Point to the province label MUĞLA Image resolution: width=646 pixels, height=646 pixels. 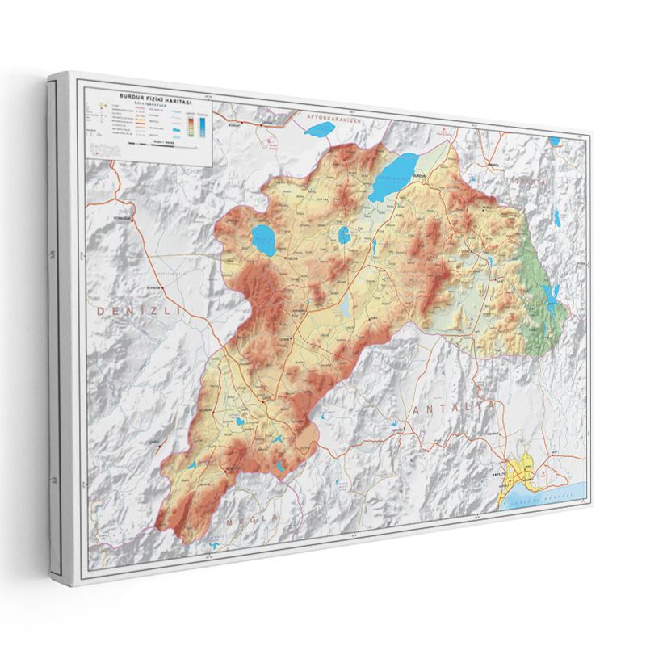click(251, 518)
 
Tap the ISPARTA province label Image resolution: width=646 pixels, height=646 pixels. click(524, 182)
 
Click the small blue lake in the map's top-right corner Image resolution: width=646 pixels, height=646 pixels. click(555, 142)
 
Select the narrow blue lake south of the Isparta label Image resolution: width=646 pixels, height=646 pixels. click(556, 216)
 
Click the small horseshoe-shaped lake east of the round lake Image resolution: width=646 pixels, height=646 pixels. click(343, 235)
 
